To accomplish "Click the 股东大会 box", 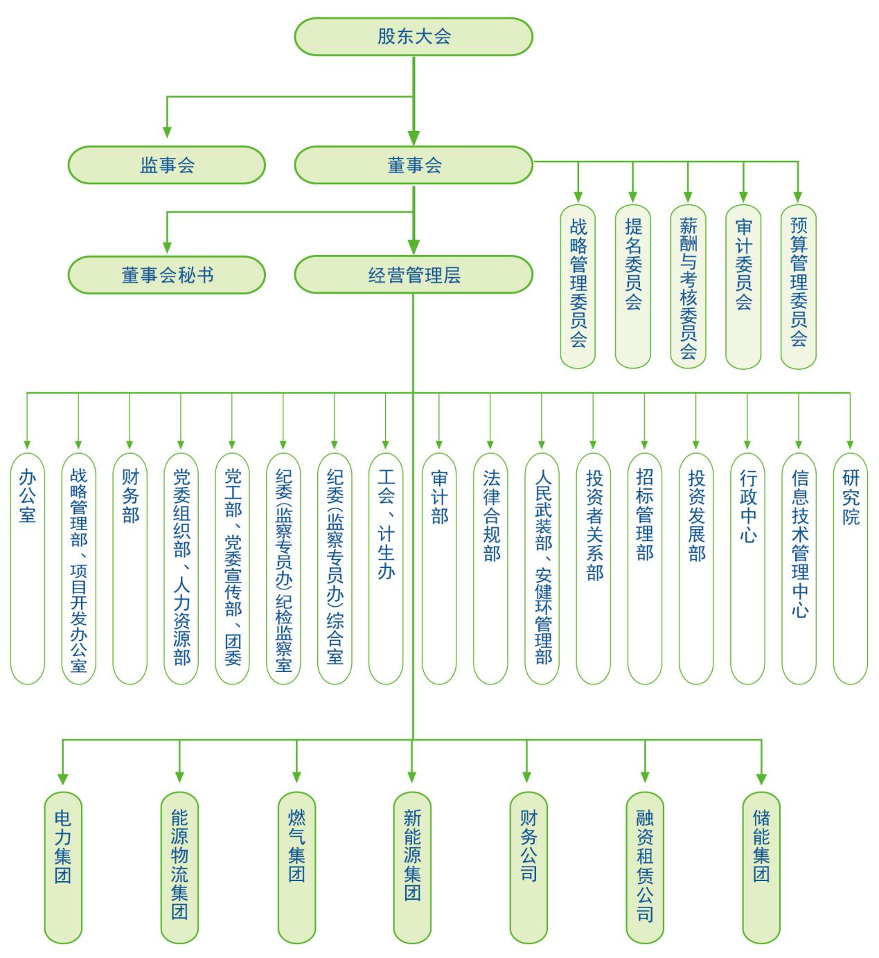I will pyautogui.click(x=414, y=37).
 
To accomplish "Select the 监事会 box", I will pyautogui.click(x=167, y=165).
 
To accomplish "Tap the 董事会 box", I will pyautogui.click(x=414, y=165).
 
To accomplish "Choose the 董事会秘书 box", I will pyautogui.click(x=167, y=275).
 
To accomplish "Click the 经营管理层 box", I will pyautogui.click(x=414, y=275).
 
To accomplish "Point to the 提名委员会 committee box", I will pyautogui.click(x=633, y=286).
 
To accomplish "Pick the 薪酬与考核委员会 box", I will pyautogui.click(x=688, y=286).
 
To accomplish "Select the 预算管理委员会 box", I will pyautogui.click(x=798, y=286).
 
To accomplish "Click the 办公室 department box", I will pyautogui.click(x=28, y=568).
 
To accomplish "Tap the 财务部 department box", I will pyautogui.click(x=130, y=568).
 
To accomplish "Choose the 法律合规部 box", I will pyautogui.click(x=491, y=568).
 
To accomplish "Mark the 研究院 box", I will pyautogui.click(x=850, y=568).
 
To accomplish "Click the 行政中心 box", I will pyautogui.click(x=747, y=568).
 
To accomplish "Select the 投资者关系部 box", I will pyautogui.click(x=594, y=568).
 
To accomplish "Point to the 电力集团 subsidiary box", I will pyautogui.click(x=63, y=867).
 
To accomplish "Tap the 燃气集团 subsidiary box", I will pyautogui.click(x=296, y=867).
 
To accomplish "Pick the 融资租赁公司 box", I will pyautogui.click(x=645, y=867).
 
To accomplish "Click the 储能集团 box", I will pyautogui.click(x=761, y=867).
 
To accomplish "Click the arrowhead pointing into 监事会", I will pyautogui.click(x=167, y=132).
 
